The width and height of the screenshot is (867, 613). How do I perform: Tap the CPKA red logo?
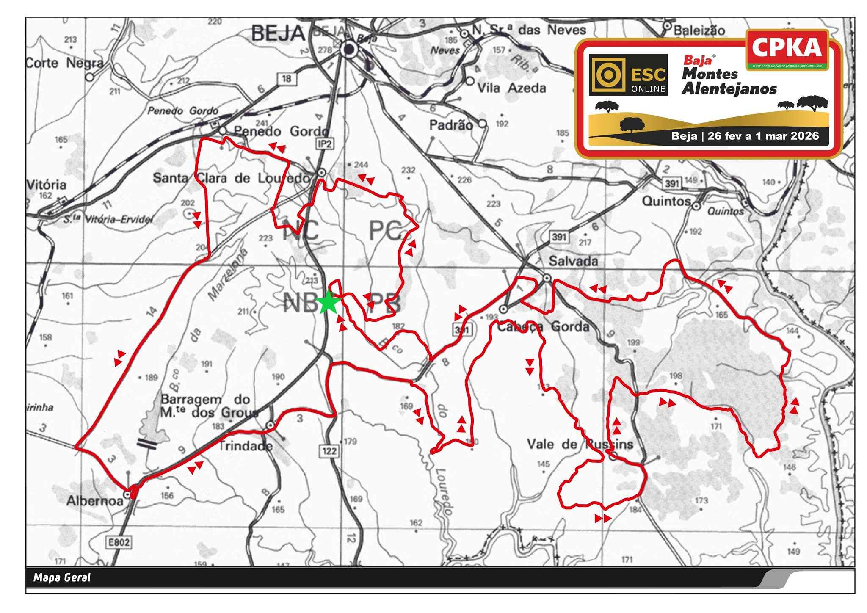click(x=787, y=49)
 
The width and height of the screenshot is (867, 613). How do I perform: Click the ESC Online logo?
click(x=628, y=75)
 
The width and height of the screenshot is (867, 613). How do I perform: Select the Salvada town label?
click(x=573, y=261)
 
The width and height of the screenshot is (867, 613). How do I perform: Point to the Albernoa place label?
click(x=95, y=501)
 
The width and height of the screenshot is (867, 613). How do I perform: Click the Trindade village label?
click(x=246, y=446)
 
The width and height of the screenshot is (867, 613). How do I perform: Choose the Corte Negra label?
click(x=64, y=64)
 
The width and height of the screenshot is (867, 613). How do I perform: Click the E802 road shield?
click(x=119, y=542)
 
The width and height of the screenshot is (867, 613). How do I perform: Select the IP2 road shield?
click(x=325, y=144)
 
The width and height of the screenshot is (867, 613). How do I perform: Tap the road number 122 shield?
click(x=329, y=451)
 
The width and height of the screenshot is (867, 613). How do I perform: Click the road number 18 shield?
click(x=287, y=79)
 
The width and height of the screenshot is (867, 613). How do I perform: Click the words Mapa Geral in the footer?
click(x=62, y=578)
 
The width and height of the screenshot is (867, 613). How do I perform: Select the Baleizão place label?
click(x=699, y=30)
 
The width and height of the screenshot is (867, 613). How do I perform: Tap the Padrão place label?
click(x=451, y=125)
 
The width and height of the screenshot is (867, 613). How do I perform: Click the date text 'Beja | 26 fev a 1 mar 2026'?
click(x=745, y=136)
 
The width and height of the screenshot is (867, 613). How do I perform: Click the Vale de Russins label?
click(x=580, y=444)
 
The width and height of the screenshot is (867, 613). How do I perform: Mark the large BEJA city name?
click(x=278, y=33)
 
